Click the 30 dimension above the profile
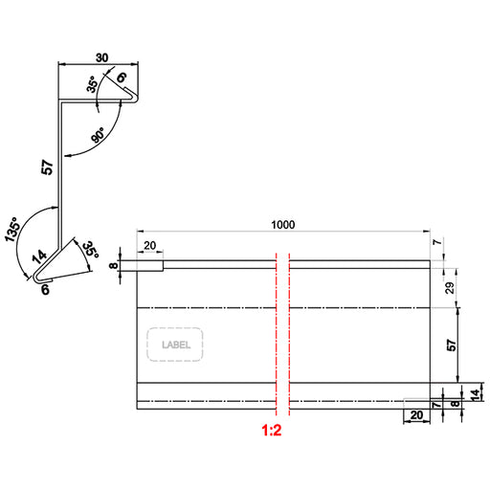tap(101, 57)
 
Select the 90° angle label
tap(98, 135)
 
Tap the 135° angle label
tap(12, 229)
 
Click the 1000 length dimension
tap(283, 225)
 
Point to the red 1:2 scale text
tap(272, 430)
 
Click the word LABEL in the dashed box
tap(176, 345)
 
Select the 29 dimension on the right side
tap(450, 288)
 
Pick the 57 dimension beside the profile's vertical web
tap(47, 167)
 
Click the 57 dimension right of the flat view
tap(452, 345)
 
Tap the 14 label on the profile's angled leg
tap(39, 256)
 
